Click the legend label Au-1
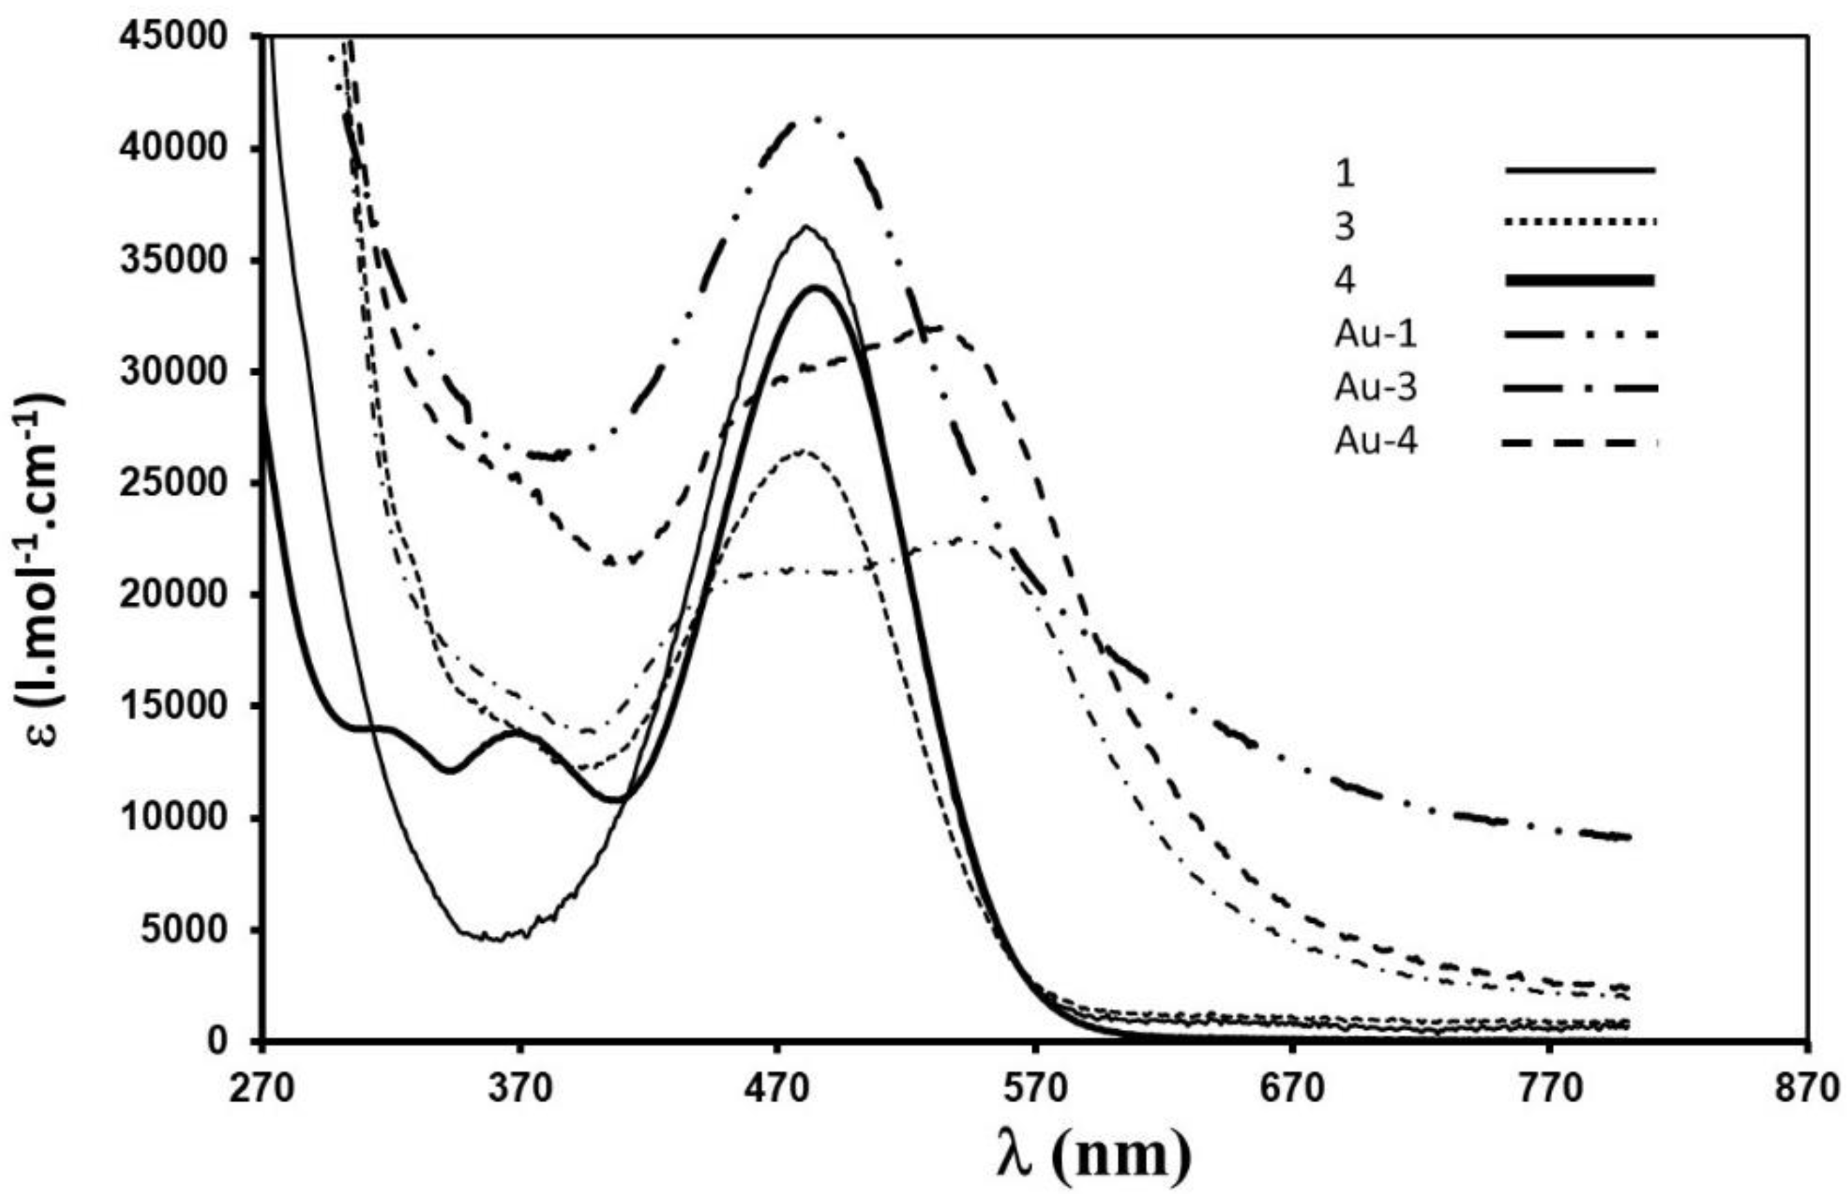(1375, 336)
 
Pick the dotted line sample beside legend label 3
(1578, 223)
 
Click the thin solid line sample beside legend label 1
(1578, 170)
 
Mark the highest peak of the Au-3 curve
(815, 119)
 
